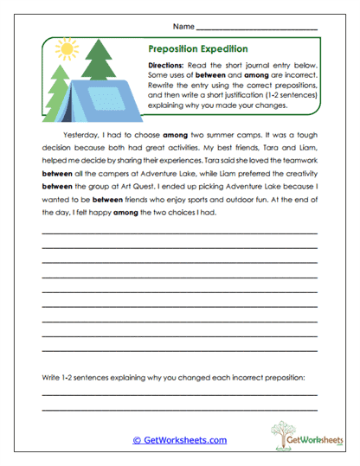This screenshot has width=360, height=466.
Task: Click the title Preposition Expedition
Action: [x=198, y=49]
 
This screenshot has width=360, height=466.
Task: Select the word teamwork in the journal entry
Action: [x=298, y=161]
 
